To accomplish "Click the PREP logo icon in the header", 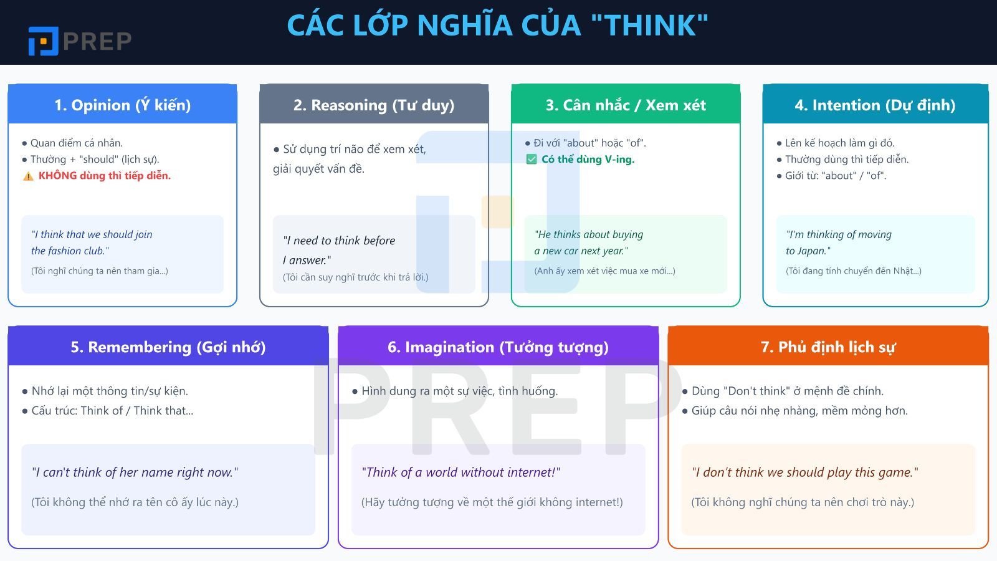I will (x=43, y=41).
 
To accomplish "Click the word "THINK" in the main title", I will (x=650, y=26).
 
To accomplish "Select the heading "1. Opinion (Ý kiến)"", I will (x=123, y=105).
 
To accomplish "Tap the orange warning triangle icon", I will (x=28, y=176).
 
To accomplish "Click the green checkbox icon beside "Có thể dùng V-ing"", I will (x=532, y=160).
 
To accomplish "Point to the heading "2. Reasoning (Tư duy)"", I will (x=374, y=105).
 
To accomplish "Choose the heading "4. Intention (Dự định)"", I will (x=875, y=105).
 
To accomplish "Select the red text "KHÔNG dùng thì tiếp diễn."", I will (x=105, y=176).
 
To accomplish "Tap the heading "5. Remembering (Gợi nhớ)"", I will (x=168, y=347).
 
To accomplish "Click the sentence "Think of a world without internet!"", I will (x=460, y=472).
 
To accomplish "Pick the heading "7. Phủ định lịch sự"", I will (x=828, y=347).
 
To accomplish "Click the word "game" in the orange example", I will (x=895, y=472).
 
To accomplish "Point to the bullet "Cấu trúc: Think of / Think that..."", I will (x=112, y=411).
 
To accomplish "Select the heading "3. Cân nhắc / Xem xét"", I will (x=626, y=105).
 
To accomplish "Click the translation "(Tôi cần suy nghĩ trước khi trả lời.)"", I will (x=355, y=277).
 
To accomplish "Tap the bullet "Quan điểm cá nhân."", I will (x=77, y=143).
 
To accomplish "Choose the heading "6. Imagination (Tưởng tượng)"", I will (x=498, y=347).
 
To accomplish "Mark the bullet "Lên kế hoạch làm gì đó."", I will (x=839, y=143).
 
